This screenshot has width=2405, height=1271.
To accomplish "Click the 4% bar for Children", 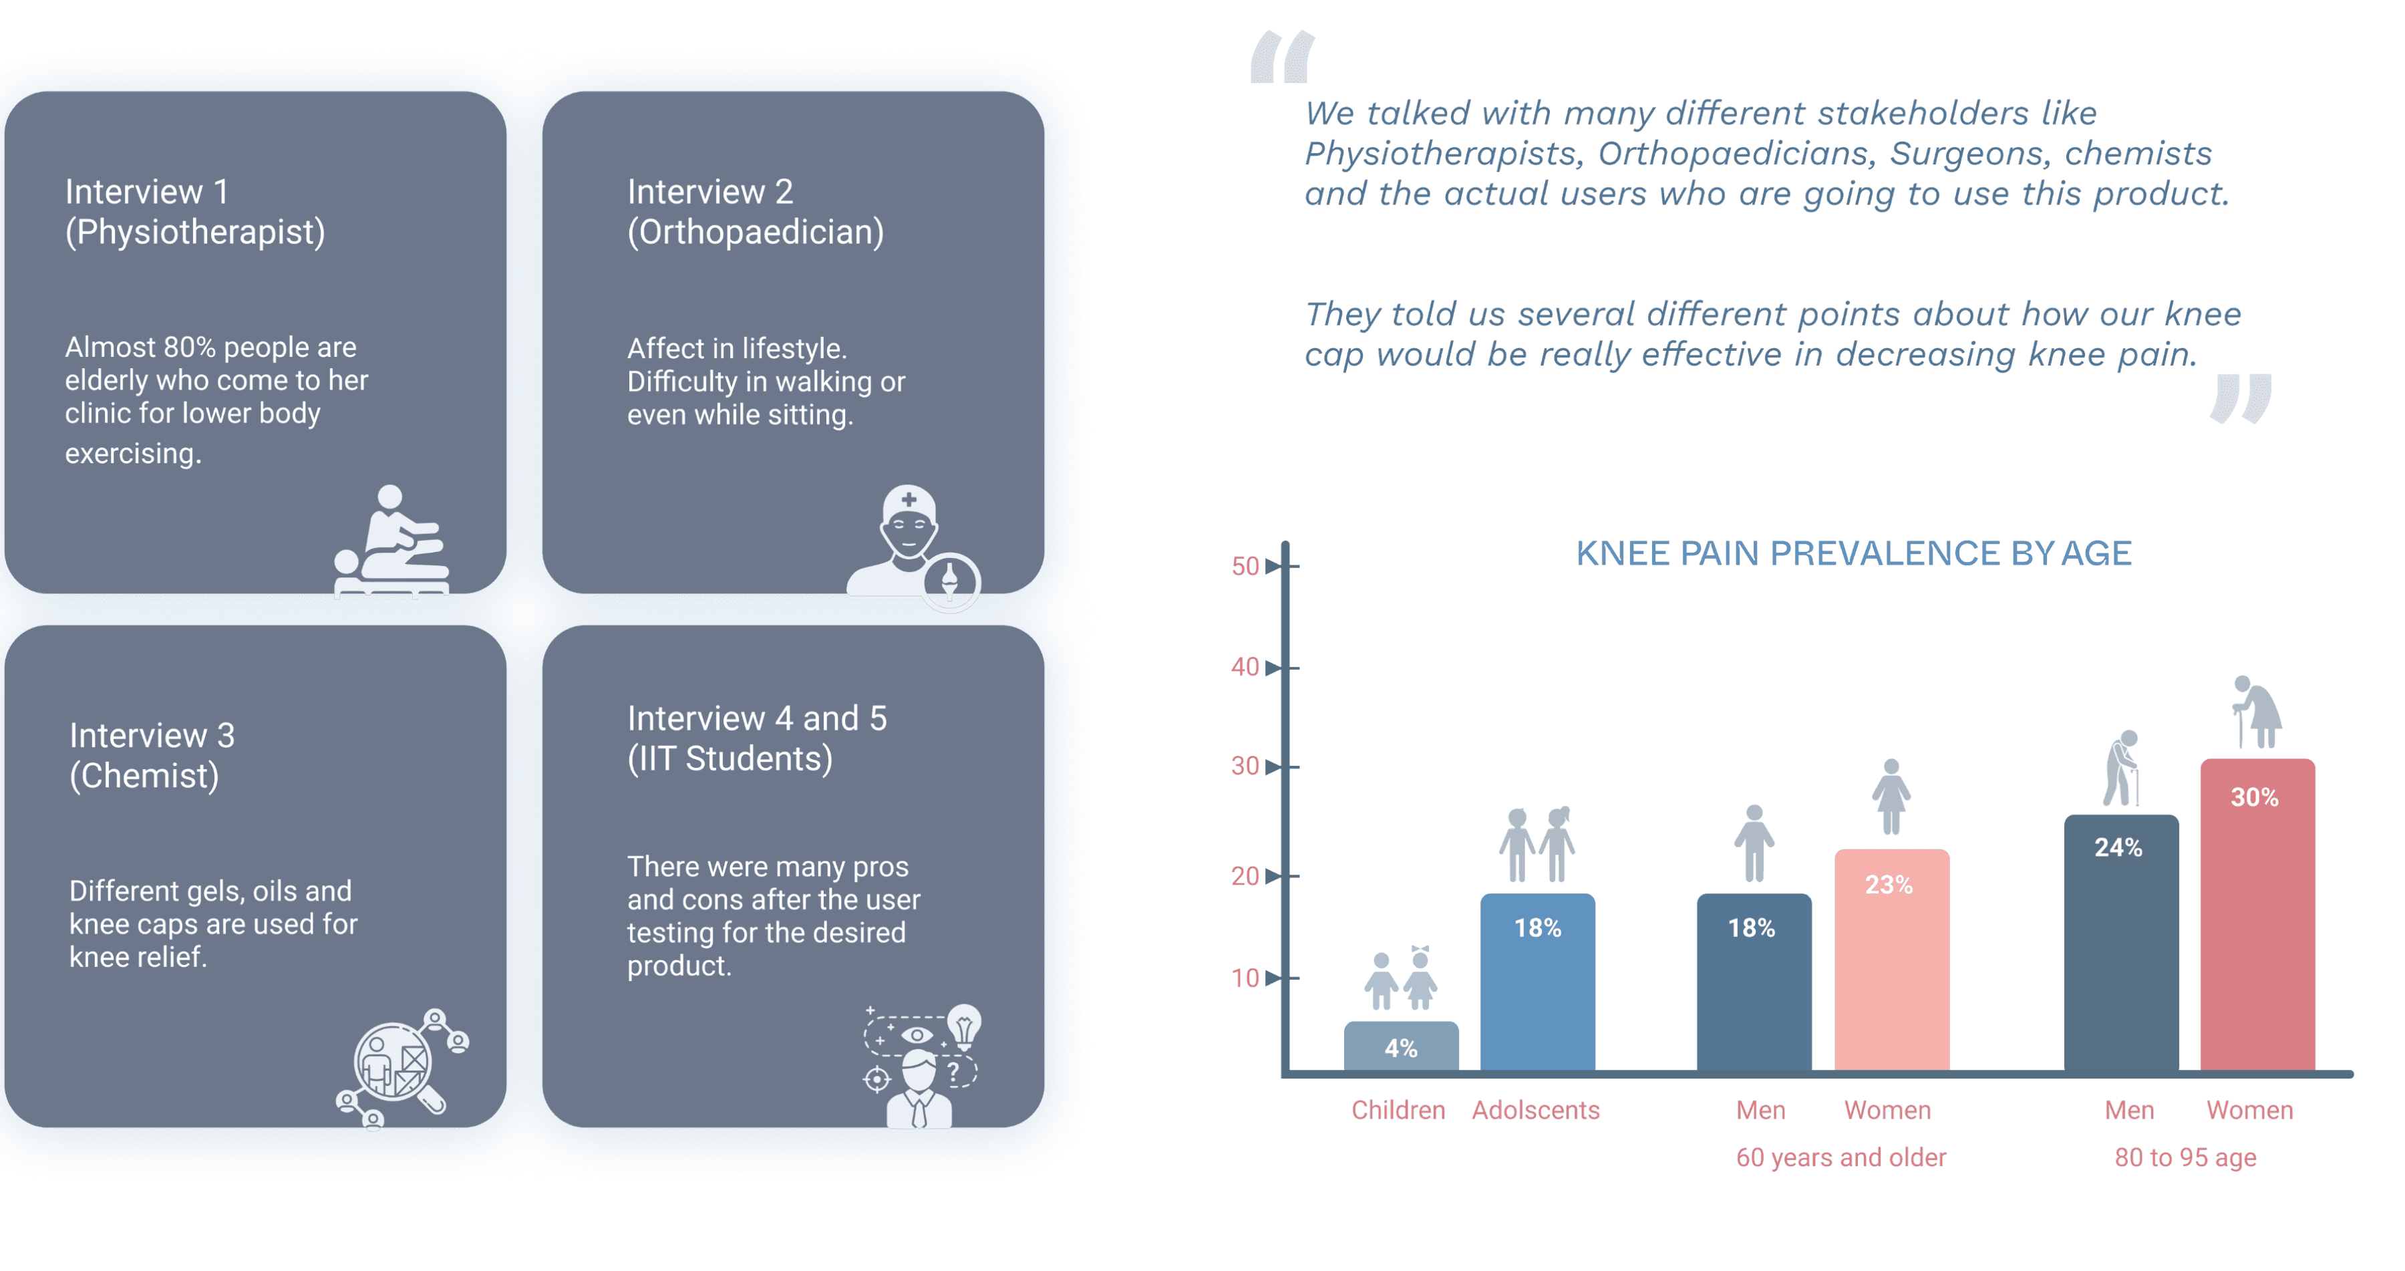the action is point(1400,1046).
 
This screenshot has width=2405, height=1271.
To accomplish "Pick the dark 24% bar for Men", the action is point(2121,943).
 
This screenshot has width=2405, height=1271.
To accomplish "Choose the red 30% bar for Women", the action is point(2257,915).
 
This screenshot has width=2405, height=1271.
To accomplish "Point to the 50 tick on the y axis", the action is point(1245,566).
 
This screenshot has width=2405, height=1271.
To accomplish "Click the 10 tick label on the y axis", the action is point(1245,978).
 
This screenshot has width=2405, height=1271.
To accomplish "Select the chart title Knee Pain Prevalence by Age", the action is point(1853,553).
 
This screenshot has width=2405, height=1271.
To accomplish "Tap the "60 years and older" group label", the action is point(1841,1157).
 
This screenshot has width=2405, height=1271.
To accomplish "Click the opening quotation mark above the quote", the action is point(1283,56).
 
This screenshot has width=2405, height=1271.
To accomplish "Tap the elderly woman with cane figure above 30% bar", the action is point(2257,712).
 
